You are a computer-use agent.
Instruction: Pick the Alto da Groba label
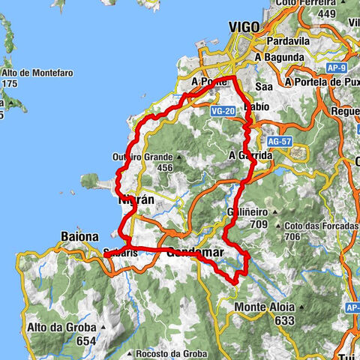(x=58, y=327)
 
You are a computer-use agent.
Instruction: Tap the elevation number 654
(x=86, y=340)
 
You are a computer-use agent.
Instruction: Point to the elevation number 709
(x=259, y=223)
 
